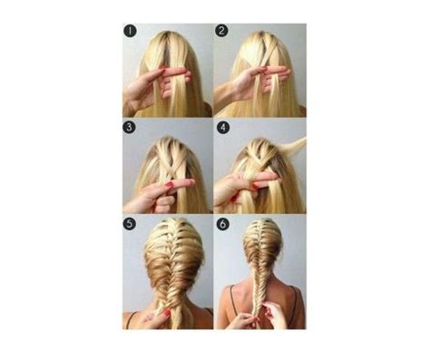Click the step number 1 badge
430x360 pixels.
pos(130,31)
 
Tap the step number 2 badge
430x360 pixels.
pos(222,31)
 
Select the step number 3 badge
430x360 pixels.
pos(130,127)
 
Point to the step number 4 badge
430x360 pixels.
pos(222,127)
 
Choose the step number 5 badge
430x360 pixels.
pos(130,223)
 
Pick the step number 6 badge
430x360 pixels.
pos(222,223)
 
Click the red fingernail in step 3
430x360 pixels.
pos(169,185)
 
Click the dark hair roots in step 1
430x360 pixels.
pos(167,37)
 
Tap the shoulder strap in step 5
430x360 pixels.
pos(130,318)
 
